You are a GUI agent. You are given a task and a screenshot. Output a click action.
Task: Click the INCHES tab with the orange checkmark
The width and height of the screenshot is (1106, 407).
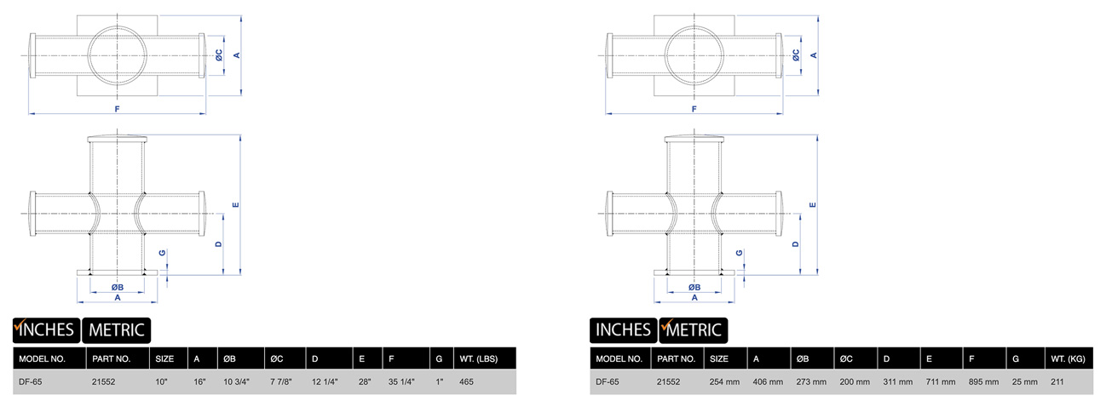(x=46, y=330)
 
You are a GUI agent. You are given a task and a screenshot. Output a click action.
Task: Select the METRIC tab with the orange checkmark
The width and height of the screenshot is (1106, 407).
(x=694, y=330)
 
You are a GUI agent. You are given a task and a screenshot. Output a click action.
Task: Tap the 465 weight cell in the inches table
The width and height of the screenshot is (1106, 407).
(x=466, y=381)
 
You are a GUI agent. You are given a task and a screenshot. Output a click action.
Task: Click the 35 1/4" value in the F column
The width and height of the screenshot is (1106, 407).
(x=401, y=381)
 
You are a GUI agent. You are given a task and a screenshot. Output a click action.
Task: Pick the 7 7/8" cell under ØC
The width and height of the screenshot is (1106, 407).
(x=281, y=381)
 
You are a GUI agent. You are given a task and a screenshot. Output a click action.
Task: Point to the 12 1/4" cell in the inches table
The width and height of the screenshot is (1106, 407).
(x=325, y=381)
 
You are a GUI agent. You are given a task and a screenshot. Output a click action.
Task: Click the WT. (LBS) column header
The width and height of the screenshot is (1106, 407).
(x=479, y=358)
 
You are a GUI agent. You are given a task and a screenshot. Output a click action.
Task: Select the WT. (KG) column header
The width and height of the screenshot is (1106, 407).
(x=1068, y=358)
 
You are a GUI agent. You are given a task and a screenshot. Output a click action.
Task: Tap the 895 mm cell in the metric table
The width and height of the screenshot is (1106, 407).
(x=983, y=381)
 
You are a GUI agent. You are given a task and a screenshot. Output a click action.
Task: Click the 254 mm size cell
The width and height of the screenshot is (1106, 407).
(x=724, y=381)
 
